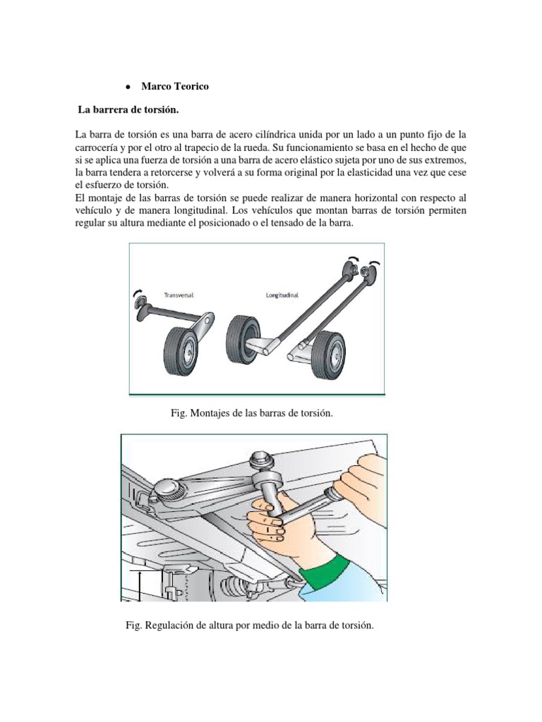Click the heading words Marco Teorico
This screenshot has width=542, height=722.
pyautogui.click(x=175, y=86)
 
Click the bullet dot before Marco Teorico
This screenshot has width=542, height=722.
pyautogui.click(x=126, y=87)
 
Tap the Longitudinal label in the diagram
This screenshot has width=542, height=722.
pyautogui.click(x=282, y=295)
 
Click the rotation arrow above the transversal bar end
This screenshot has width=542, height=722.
pyautogui.click(x=137, y=292)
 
